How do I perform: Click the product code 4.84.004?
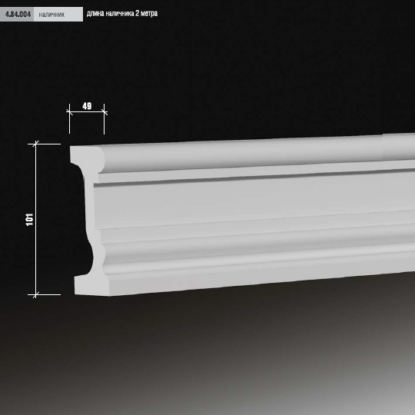18,15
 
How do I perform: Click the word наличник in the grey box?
51,15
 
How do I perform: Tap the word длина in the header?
95,14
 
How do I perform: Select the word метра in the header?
149,14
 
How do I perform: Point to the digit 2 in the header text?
138,13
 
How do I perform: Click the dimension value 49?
87,106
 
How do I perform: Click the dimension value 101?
30,219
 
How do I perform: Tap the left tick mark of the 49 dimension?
70,112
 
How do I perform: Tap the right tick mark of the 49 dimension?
105,112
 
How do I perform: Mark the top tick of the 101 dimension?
35,144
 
